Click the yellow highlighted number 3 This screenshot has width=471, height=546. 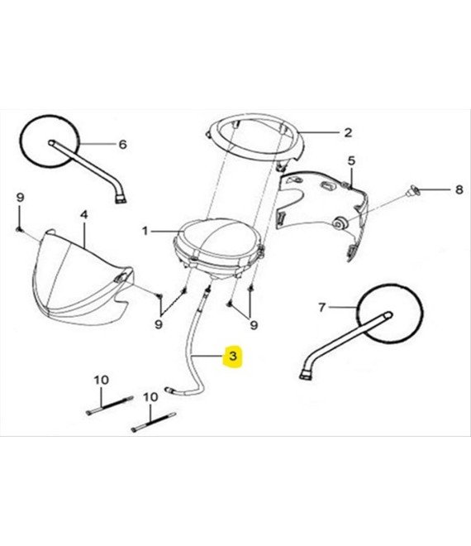(233, 357)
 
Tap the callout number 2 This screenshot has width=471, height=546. (348, 132)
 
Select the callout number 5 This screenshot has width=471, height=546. (352, 160)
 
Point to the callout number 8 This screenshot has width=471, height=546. (459, 189)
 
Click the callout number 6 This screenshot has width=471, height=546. (123, 145)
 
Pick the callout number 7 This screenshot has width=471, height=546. (322, 308)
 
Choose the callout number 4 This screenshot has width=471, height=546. (83, 215)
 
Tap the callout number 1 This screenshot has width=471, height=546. (145, 231)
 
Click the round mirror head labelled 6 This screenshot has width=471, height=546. (49, 141)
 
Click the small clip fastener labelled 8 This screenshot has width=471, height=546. (413, 191)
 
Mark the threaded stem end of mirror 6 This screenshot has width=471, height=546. (121, 199)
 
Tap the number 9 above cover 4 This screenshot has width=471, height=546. (21, 198)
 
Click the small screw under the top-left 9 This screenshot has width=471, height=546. (18, 229)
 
